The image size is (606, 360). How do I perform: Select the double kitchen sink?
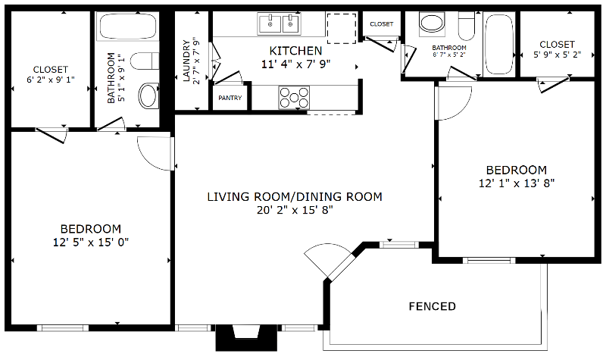[280, 24]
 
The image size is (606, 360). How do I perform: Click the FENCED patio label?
[432, 307]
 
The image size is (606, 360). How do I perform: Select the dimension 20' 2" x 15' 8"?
[295, 210]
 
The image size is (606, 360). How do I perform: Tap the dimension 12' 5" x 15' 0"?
[90, 242]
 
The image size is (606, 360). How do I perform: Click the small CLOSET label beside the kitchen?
[382, 24]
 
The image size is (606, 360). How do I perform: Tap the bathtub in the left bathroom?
[127, 29]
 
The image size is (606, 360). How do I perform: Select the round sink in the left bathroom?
[148, 95]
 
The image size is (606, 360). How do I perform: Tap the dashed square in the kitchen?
[340, 28]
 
